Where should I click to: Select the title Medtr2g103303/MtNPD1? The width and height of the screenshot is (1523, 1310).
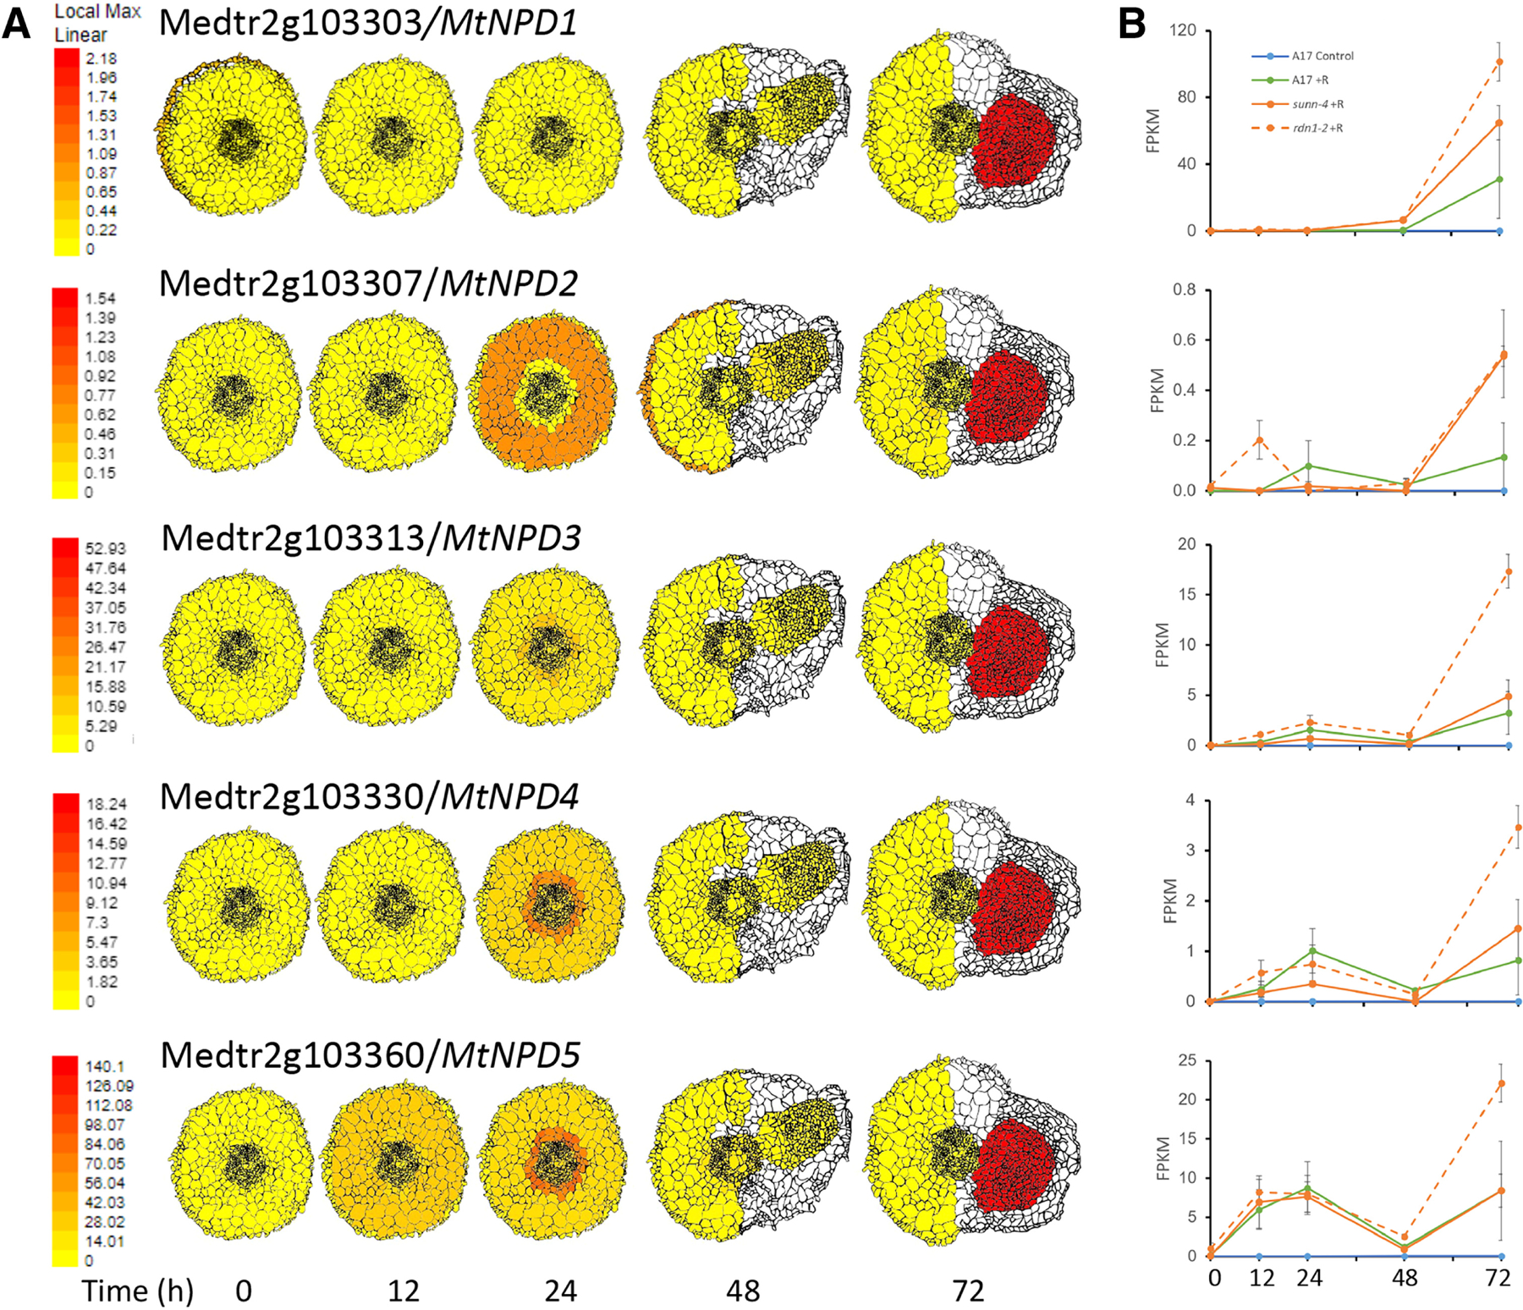tap(368, 22)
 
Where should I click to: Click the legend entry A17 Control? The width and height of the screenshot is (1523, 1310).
tap(1322, 56)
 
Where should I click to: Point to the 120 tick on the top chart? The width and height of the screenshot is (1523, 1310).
tap(1183, 30)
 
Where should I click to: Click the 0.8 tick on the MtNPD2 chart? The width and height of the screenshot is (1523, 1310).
tap(1185, 290)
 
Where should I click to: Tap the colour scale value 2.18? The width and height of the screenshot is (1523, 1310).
tap(102, 58)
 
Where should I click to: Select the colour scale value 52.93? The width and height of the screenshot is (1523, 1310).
tap(105, 548)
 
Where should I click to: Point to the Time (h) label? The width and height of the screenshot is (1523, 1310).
tap(137, 1291)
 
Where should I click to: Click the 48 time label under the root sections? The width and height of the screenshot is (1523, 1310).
tap(742, 1291)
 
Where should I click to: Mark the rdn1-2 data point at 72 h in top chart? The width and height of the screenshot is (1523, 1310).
tap(1499, 62)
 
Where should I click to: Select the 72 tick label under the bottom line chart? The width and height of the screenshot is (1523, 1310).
tap(1498, 1277)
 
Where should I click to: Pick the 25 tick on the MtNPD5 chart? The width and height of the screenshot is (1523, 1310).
tap(1188, 1060)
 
